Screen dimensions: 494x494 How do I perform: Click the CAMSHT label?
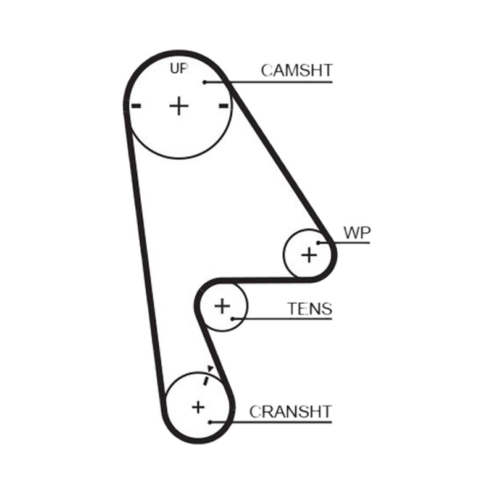pos(296,70)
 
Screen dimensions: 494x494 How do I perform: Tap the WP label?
pos(357,233)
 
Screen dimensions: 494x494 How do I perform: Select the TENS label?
pos(310,309)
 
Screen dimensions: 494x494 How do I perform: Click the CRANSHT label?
pos(290,411)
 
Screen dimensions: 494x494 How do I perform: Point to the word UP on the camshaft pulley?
pos(179,68)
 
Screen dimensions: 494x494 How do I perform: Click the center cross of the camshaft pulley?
pos(179,106)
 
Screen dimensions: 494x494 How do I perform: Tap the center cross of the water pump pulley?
pos(309,254)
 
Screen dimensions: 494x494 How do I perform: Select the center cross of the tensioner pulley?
pos(222,306)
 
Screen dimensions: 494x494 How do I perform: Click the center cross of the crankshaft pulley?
pos(198,407)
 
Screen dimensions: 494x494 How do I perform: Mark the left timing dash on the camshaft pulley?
pos(136,106)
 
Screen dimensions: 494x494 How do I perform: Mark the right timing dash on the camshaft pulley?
pos(224,106)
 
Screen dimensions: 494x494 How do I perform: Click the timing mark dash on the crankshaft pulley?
pos(206,380)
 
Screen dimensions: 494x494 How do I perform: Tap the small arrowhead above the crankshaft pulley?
pos(210,369)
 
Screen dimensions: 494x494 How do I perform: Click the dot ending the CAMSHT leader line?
pos(204,82)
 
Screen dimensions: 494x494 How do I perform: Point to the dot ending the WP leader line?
pos(319,243)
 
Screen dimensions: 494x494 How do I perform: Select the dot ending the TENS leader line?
pos(232,319)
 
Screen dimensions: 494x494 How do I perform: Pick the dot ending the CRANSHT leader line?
pos(210,422)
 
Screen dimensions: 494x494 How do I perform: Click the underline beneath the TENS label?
pos(282,319)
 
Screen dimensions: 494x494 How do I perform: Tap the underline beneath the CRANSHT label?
pos(271,422)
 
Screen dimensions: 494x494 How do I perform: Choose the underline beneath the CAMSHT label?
pos(269,82)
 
